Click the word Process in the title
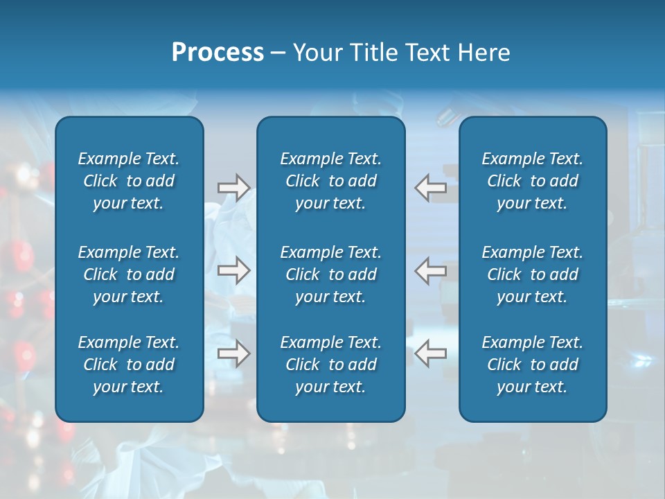coord(218,53)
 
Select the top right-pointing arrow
coord(234,188)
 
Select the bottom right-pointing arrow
coord(234,354)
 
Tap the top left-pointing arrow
coord(431,188)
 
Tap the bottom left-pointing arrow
coord(431,354)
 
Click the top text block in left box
coord(129,181)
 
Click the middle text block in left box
coord(129,274)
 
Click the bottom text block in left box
coord(129,365)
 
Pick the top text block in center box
coord(331,181)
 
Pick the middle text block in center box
coord(331,274)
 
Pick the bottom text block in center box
coord(331,365)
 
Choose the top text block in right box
coord(533,181)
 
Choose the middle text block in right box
coord(533,274)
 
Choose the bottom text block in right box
coord(533,365)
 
